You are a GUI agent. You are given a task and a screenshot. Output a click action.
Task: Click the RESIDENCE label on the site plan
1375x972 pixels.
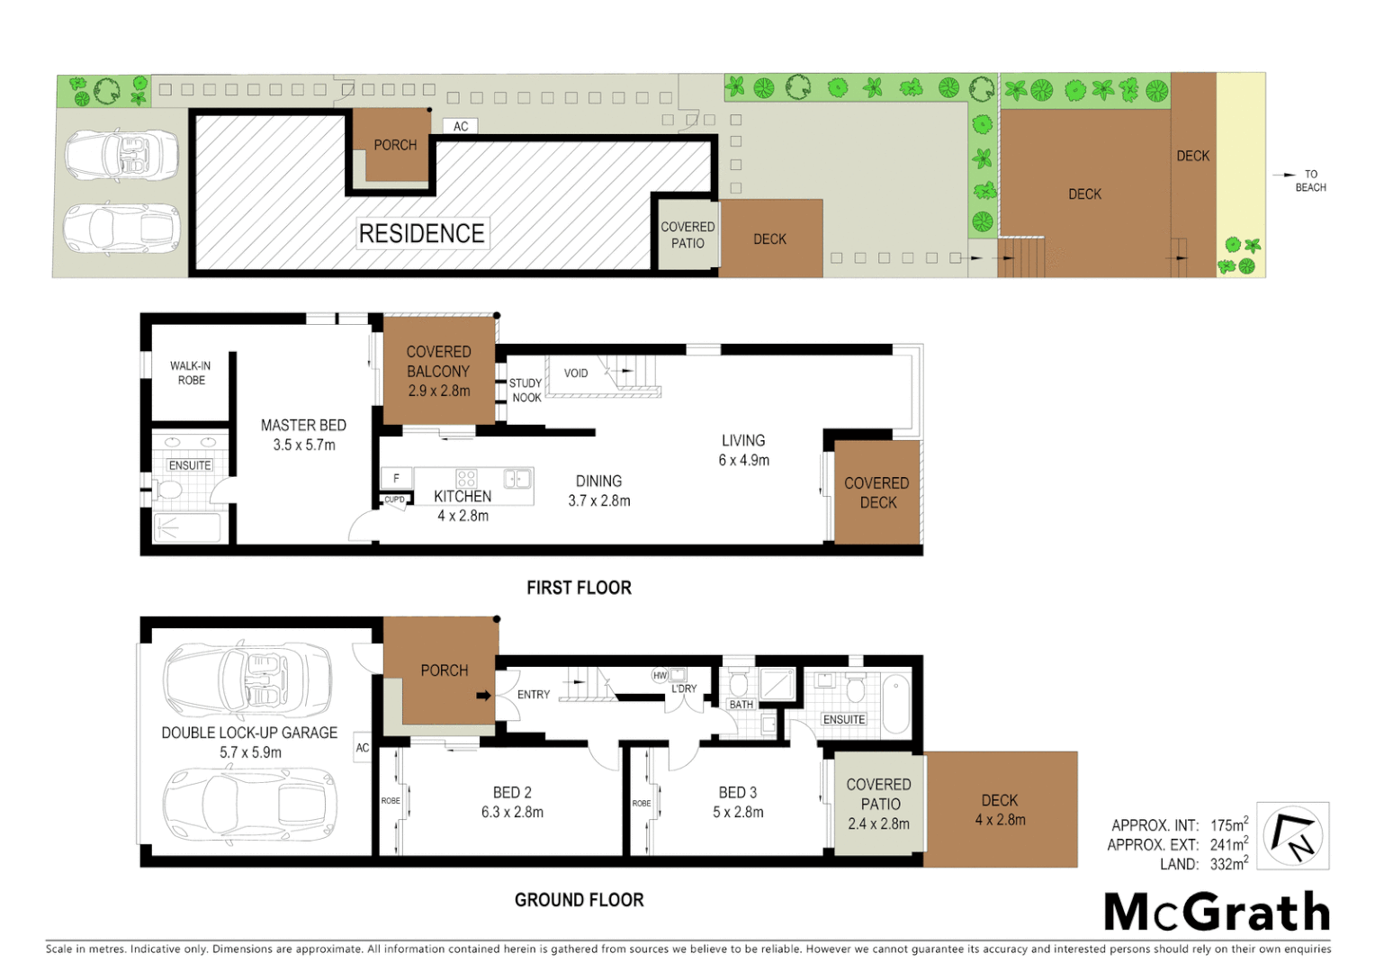click(421, 234)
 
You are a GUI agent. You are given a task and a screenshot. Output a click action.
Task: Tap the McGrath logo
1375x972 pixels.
click(1217, 913)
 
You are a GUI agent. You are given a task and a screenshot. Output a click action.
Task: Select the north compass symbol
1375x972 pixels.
click(1293, 836)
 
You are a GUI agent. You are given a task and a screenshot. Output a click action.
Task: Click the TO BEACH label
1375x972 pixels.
click(1310, 181)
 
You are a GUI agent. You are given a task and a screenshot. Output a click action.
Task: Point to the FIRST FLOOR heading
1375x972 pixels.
click(579, 588)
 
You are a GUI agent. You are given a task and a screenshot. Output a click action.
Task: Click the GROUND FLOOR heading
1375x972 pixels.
click(579, 900)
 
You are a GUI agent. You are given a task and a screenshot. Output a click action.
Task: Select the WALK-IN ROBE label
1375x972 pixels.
click(191, 373)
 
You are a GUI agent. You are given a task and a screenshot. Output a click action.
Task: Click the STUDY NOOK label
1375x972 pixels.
click(526, 391)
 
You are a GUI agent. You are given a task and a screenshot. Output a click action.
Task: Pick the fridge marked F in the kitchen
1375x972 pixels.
click(396, 479)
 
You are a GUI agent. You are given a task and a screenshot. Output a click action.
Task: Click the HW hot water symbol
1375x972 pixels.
click(660, 675)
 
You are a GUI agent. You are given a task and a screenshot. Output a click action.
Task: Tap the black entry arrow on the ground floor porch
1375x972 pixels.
click(483, 695)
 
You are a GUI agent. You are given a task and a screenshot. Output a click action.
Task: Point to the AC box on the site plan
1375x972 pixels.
click(461, 127)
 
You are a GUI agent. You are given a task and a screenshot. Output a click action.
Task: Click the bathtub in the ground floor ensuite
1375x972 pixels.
click(895, 705)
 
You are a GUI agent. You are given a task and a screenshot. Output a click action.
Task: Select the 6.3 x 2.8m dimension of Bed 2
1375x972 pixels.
click(512, 813)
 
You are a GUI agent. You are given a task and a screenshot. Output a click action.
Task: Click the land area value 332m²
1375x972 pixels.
click(1228, 864)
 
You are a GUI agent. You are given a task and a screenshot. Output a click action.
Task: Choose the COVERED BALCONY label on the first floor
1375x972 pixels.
click(438, 362)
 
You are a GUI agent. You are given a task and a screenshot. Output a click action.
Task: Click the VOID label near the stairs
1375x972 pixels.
click(576, 373)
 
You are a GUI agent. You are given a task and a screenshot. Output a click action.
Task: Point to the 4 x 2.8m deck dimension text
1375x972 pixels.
click(1000, 820)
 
